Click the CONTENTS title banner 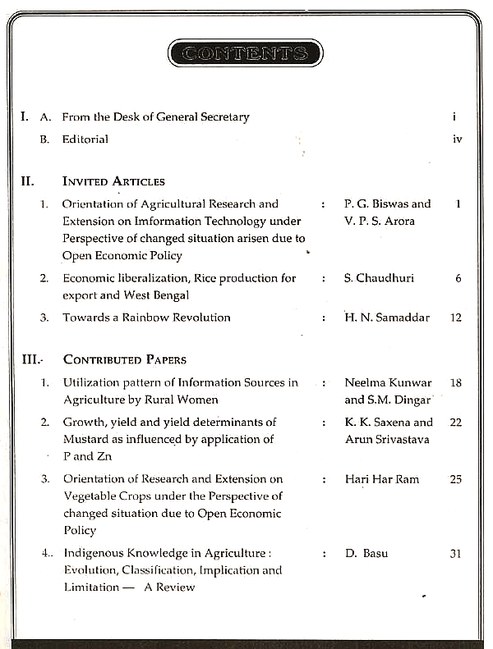[x=245, y=54]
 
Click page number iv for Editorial [x=458, y=139]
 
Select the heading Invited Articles [x=113, y=181]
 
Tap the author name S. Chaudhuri [x=380, y=278]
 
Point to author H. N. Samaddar [x=387, y=318]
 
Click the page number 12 [x=456, y=318]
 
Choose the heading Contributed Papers [x=124, y=359]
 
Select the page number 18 [x=456, y=382]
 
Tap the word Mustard [x=86, y=439]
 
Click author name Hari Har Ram [x=382, y=479]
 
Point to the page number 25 [x=456, y=479]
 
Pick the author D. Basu [x=366, y=554]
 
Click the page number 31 [x=456, y=554]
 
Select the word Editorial [x=85, y=139]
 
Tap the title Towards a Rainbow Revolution [x=146, y=318]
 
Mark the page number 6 [x=458, y=278]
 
